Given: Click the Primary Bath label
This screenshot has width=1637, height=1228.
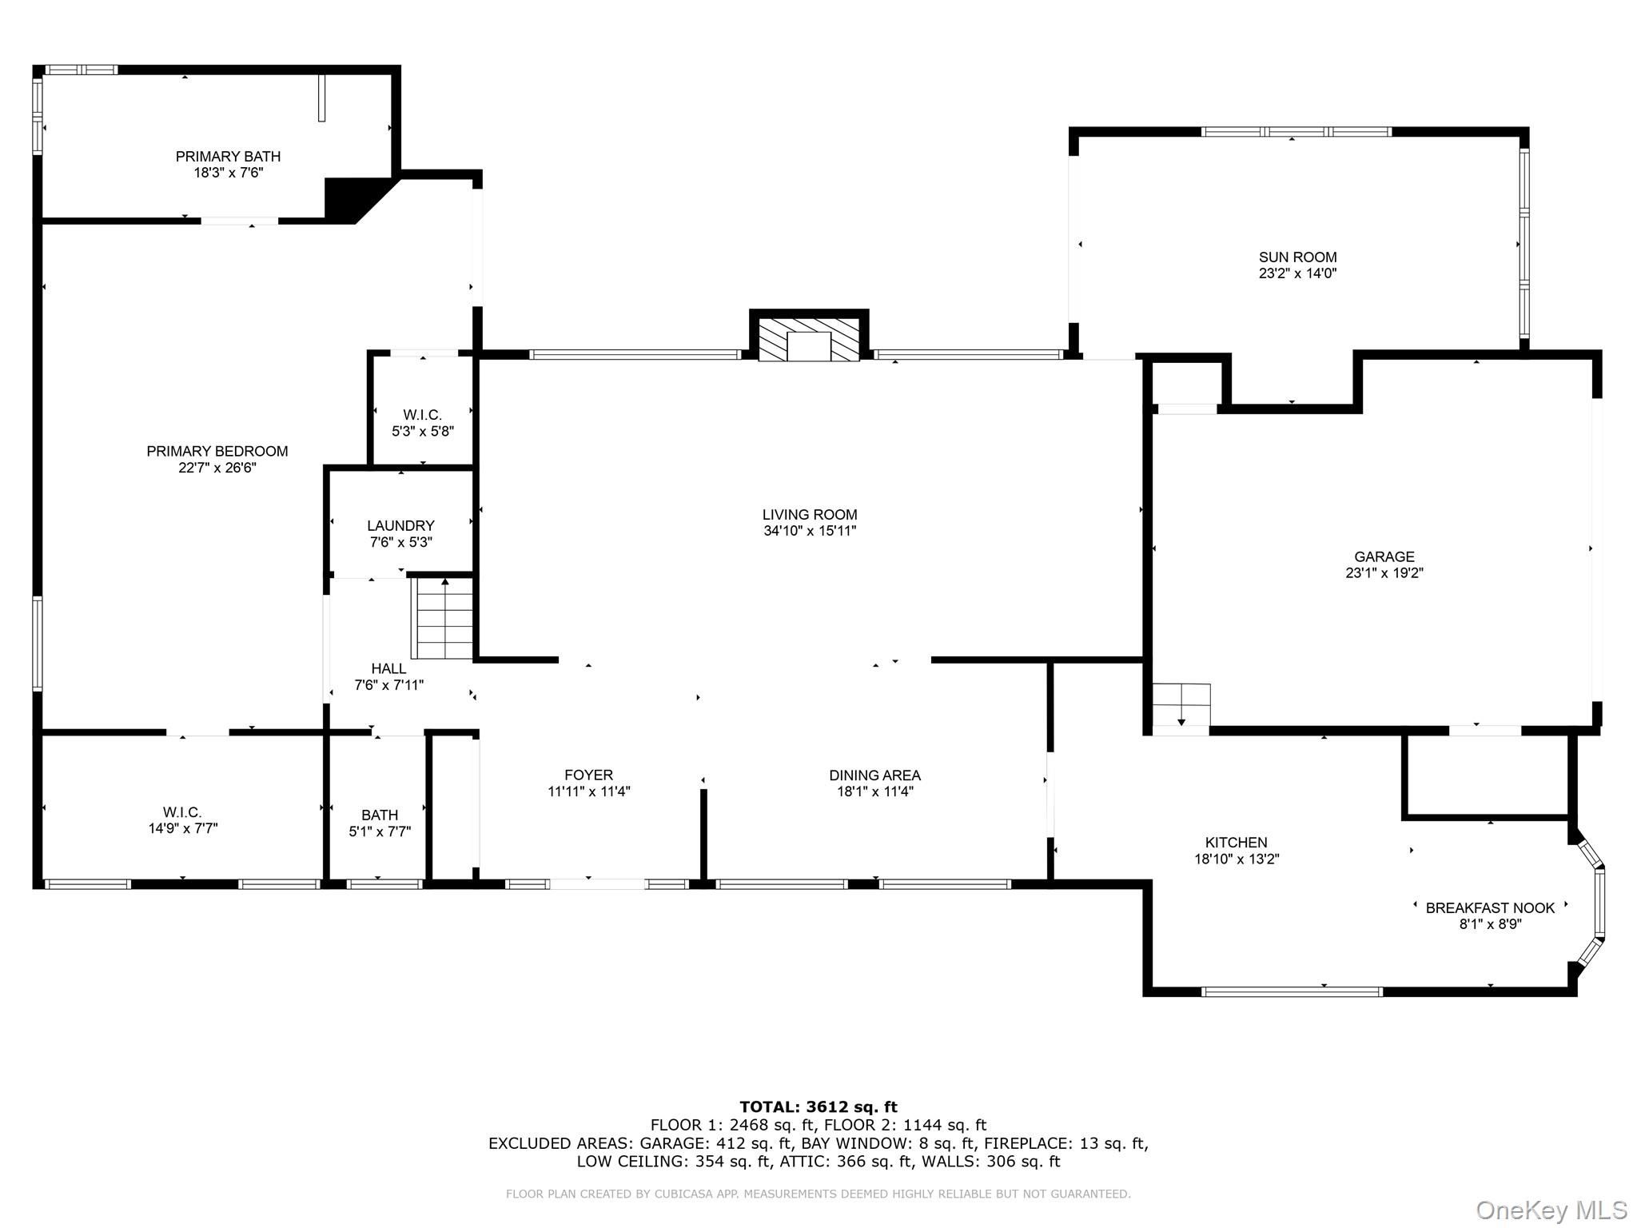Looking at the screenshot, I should pos(228,157).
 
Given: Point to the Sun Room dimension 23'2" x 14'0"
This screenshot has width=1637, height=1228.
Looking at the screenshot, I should pos(1297,273).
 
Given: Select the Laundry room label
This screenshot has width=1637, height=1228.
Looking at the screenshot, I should pos(400,526).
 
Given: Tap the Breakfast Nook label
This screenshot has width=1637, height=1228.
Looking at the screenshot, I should pos(1490,907).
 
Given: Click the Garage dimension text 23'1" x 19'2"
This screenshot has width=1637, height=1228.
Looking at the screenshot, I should pos(1384,573).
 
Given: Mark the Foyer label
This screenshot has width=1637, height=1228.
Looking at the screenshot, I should pos(588,775).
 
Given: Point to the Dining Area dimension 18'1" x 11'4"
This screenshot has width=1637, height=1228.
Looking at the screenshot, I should pos(874,791).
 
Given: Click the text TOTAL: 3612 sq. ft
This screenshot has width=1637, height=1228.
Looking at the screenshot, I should pos(818,1107).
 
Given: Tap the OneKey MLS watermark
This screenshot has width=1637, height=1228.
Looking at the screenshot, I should pos(1551,1210).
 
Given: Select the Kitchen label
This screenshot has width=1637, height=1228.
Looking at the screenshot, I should pos(1236,843).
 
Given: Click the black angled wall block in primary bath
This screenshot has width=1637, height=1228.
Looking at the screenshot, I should pos(348,198).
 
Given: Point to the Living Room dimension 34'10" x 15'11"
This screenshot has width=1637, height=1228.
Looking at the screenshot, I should pos(809,531).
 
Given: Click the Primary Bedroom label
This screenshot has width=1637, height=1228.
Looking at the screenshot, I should pos(217,452).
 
